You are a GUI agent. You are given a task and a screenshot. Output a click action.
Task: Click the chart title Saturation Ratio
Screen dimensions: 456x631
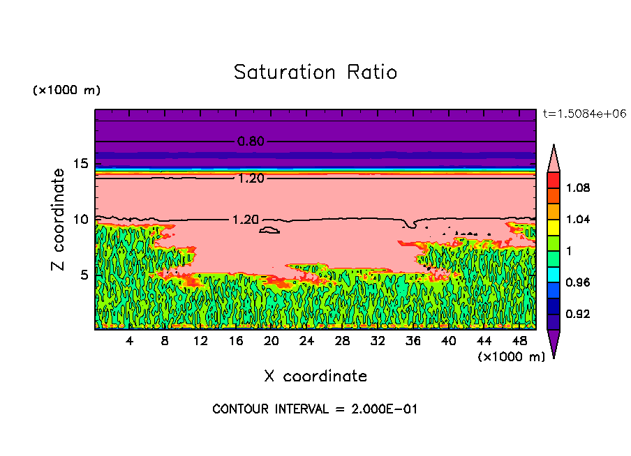click(315, 73)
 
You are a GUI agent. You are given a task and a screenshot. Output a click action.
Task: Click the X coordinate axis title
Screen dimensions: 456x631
click(315, 377)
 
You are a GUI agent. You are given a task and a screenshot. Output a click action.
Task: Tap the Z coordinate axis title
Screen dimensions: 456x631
click(59, 220)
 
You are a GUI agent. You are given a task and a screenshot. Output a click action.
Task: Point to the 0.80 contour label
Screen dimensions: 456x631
click(251, 142)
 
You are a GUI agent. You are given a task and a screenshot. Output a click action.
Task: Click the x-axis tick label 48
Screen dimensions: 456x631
click(519, 340)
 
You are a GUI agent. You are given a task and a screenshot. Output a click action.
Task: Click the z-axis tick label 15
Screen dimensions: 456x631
click(80, 164)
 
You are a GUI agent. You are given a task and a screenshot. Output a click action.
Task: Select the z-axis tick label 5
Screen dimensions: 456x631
click(84, 275)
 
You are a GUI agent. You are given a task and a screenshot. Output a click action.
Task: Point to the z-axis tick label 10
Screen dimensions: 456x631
click(80, 219)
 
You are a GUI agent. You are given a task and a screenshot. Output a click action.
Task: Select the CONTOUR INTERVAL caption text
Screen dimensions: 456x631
click(315, 409)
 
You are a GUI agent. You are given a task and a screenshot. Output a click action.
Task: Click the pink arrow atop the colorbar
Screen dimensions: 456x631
click(553, 158)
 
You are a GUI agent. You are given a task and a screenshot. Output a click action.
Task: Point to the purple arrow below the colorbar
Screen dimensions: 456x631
click(553, 343)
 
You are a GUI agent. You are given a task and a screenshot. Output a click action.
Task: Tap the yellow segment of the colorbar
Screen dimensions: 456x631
click(553, 227)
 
